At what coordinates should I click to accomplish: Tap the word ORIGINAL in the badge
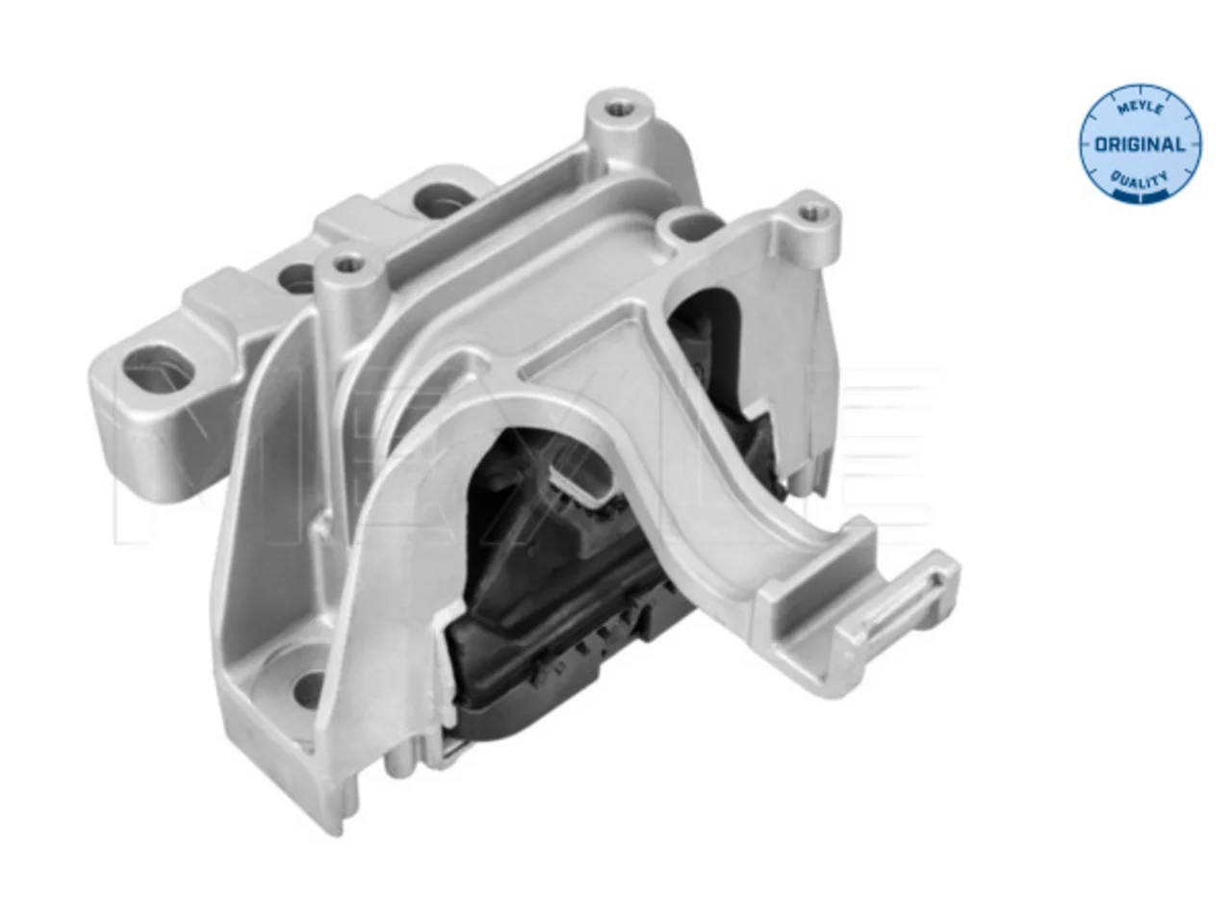coord(1140,144)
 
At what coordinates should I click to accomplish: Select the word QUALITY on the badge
coord(1141,178)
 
